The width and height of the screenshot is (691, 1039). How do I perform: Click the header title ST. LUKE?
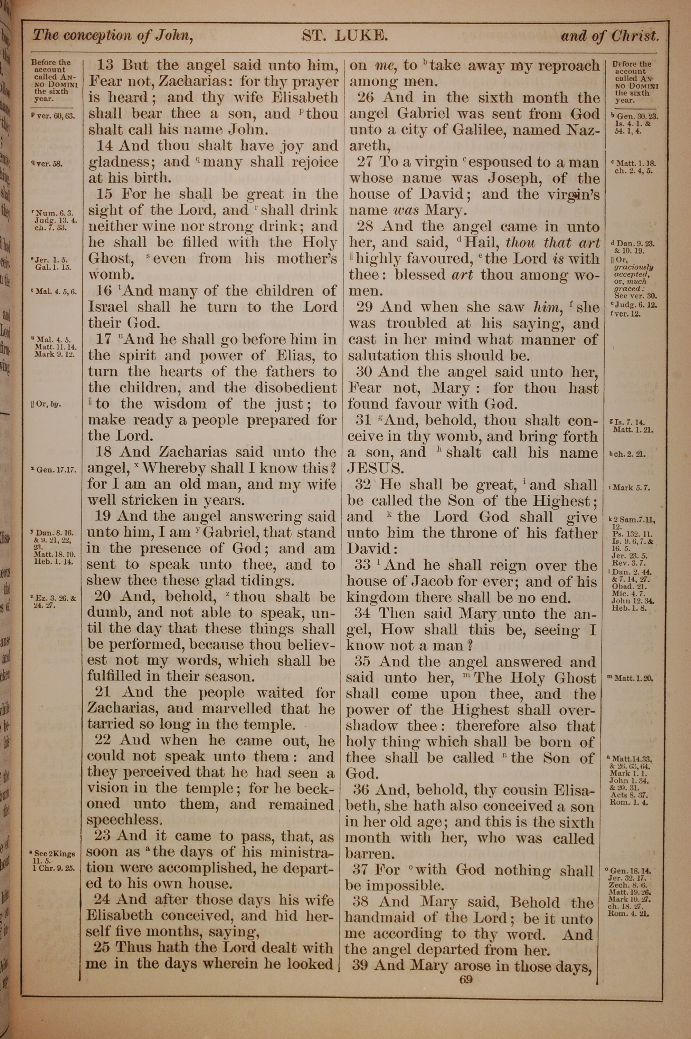344,36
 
